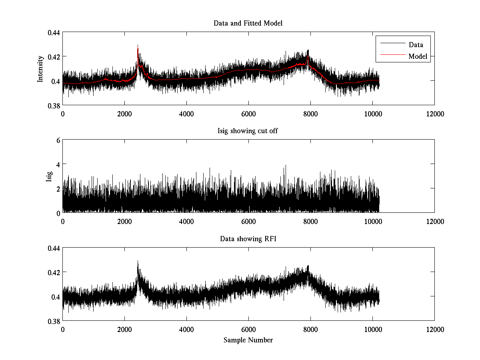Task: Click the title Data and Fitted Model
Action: click(x=248, y=23)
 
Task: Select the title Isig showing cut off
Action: click(x=248, y=131)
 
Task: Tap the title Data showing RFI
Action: click(x=248, y=239)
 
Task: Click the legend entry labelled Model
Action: click(x=418, y=56)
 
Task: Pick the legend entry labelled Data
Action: click(x=416, y=45)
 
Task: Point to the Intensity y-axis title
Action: click(x=40, y=69)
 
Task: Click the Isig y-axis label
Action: click(x=49, y=176)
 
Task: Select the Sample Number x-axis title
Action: click(x=248, y=340)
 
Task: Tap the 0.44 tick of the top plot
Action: click(x=53, y=32)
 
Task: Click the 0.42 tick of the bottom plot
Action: click(x=53, y=272)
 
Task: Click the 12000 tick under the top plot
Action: click(x=434, y=114)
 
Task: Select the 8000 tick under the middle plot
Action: click(x=310, y=221)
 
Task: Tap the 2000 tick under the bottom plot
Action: click(x=124, y=330)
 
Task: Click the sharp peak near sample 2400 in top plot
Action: click(x=138, y=46)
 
